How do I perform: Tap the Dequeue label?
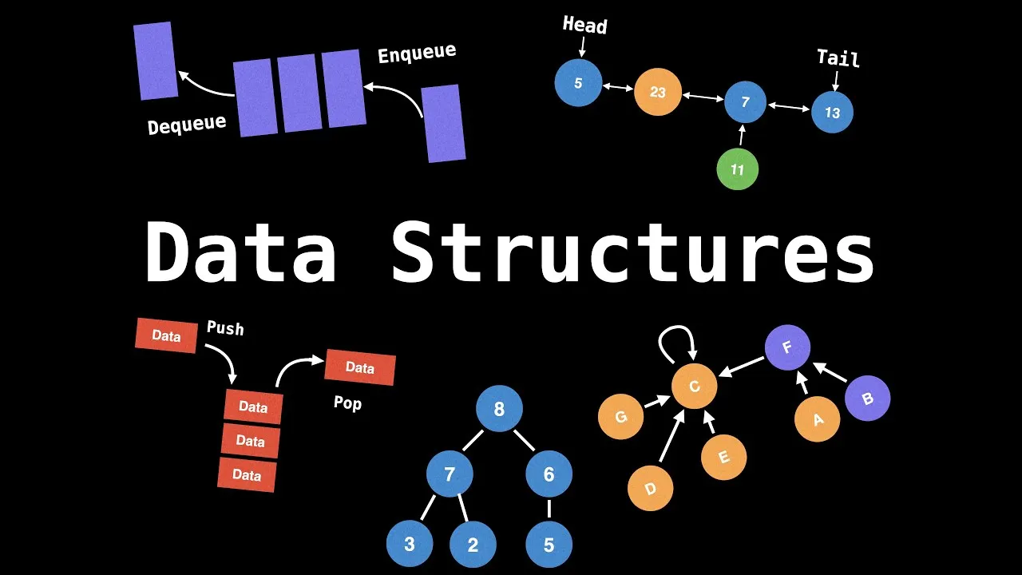pos(187,125)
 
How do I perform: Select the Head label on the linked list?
pos(584,25)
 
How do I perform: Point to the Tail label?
pos(838,57)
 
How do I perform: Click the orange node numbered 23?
pos(657,92)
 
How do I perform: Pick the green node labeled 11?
pos(737,169)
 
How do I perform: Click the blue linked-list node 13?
pos(832,113)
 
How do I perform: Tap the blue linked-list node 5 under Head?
pos(578,83)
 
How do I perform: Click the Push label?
pos(225,328)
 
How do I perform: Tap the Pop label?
pos(347,403)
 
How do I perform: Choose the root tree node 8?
pos(499,410)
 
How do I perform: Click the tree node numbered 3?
pos(409,545)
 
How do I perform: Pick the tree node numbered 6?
pos(549,474)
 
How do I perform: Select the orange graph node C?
pos(694,387)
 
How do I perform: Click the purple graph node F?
pos(787,348)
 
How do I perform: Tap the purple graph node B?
pos(867,399)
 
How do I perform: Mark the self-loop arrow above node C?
pos(677,341)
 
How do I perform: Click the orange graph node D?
pos(650,489)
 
